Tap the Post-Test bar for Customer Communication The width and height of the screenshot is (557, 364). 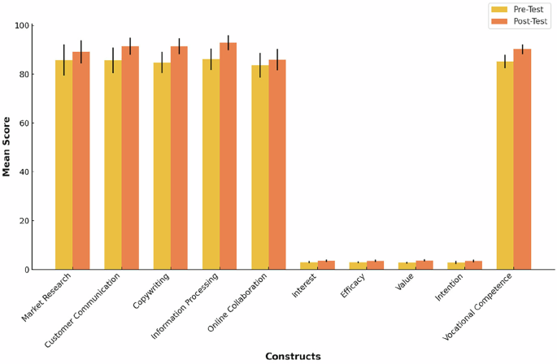pos(130,158)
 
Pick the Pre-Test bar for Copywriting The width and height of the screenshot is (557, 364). pos(162,166)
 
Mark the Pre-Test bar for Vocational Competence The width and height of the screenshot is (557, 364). pos(505,166)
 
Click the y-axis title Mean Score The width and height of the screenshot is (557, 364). pos(7,146)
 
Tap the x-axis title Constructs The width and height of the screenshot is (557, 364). pos(293,357)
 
